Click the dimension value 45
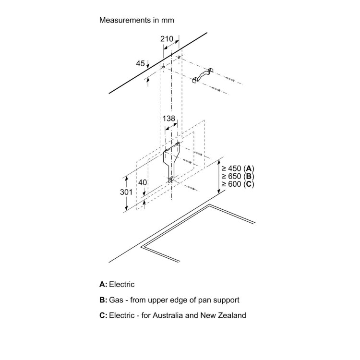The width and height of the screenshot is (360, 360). tap(140, 63)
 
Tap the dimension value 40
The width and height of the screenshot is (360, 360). tap(142, 183)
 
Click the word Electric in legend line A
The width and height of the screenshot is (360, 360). tap(122, 284)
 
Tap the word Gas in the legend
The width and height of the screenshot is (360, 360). tap(116, 300)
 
